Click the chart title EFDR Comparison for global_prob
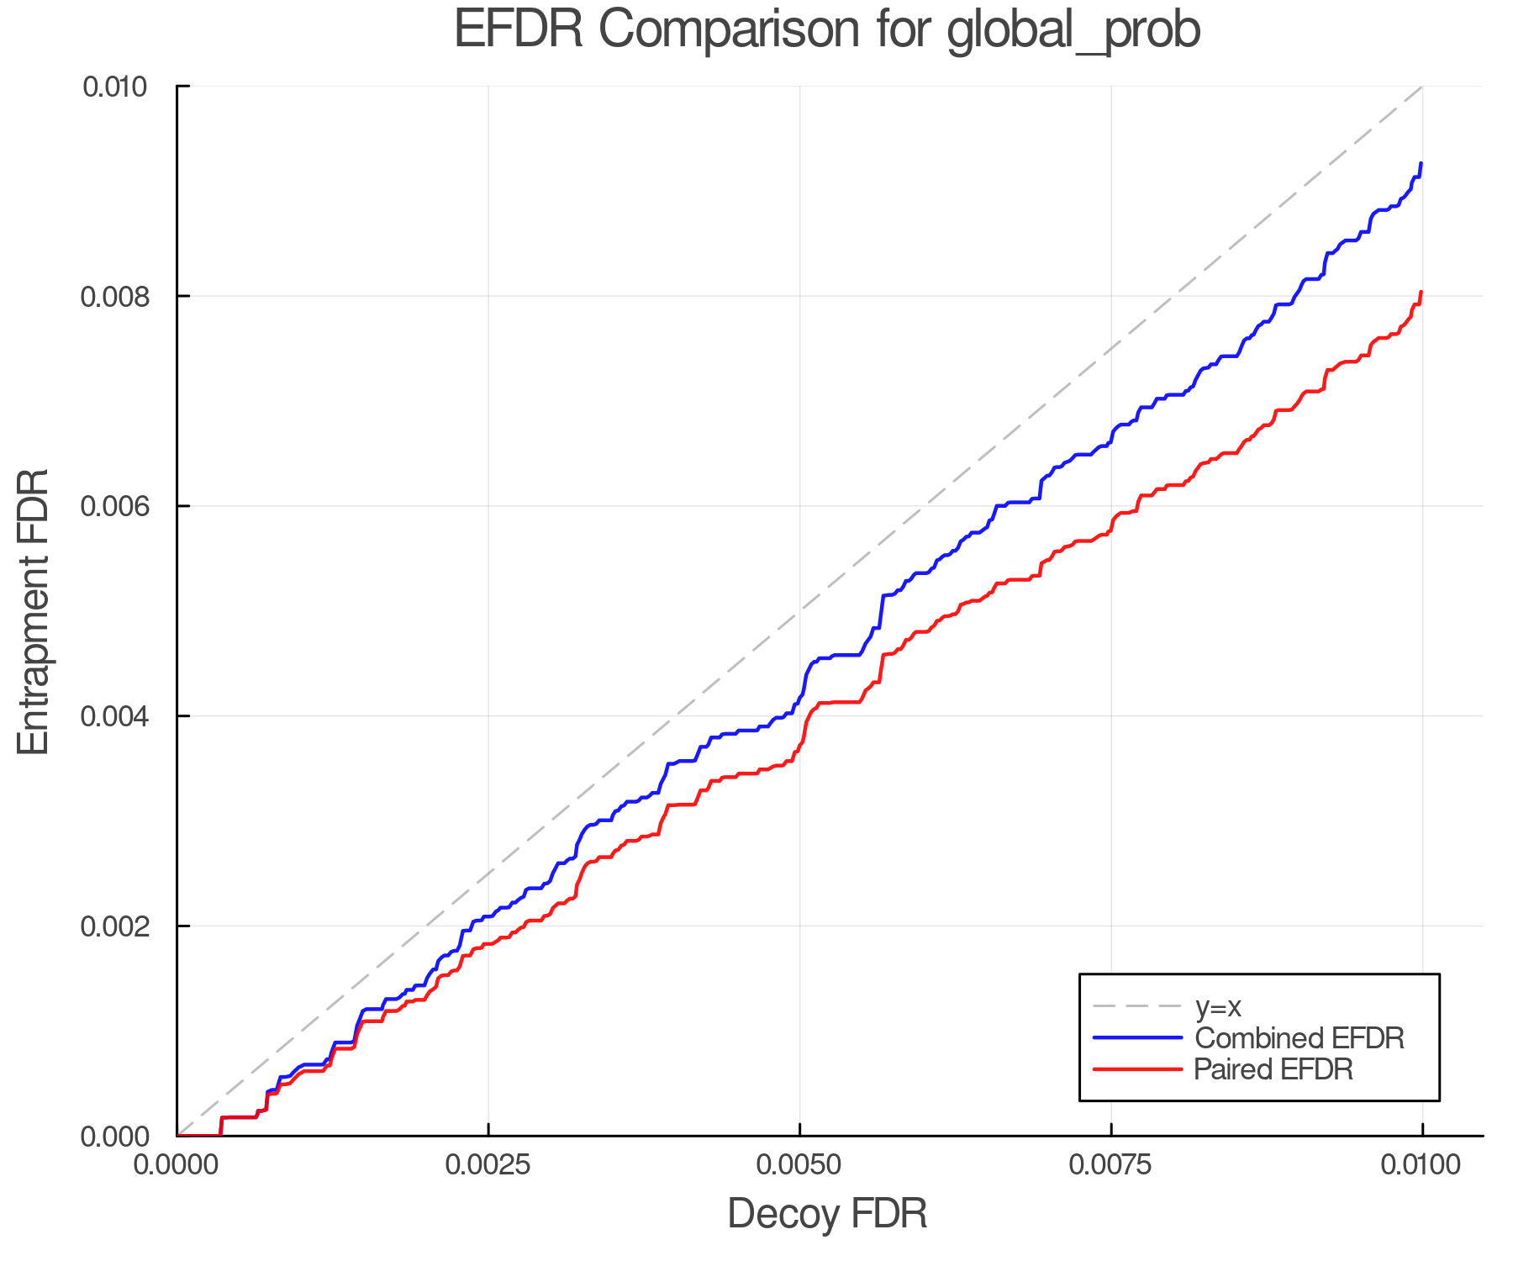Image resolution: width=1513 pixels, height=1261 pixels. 827,30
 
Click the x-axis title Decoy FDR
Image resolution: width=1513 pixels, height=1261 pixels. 827,1214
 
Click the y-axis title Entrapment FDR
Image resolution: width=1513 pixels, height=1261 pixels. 34,612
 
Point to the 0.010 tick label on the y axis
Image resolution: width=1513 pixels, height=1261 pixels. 114,87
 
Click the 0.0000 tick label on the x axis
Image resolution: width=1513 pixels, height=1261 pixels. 177,1165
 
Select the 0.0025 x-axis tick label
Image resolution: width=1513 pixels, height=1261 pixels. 488,1165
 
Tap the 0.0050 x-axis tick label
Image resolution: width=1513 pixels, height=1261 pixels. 799,1165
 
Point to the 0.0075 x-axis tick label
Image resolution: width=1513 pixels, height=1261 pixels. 1111,1165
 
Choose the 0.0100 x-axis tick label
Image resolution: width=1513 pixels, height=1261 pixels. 1421,1165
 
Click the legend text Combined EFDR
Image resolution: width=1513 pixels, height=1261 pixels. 1299,1038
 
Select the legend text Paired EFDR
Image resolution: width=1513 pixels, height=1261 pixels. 1273,1069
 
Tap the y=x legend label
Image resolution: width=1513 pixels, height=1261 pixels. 1218,1006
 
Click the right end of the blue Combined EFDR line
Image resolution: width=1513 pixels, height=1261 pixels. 1421,164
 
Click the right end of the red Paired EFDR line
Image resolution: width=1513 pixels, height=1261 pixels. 1421,293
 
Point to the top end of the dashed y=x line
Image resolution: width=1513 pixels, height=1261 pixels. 1421,87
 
